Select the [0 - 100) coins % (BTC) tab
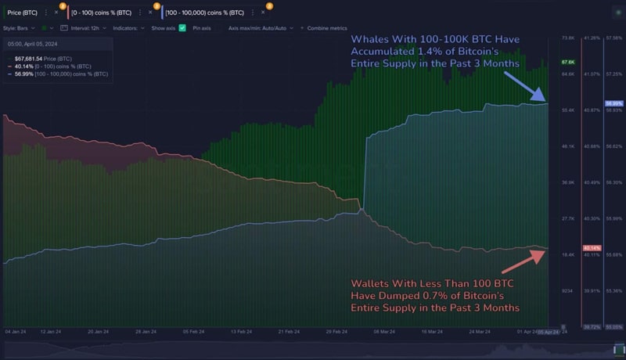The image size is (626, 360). click(103, 13)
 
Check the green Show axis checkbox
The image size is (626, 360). click(182, 28)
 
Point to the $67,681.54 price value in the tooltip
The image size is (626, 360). click(32, 59)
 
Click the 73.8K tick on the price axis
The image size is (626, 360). click(569, 38)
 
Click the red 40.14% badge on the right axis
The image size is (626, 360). click(592, 248)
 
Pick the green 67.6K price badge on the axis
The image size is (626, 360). click(569, 62)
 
